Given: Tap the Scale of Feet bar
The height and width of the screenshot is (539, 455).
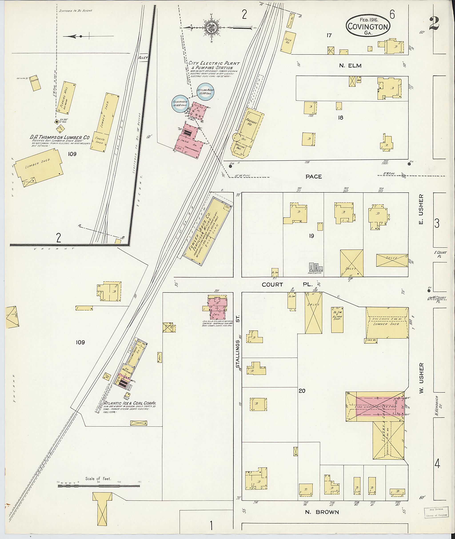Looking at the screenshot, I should [99, 486].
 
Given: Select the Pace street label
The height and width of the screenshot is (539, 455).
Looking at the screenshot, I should [314, 176].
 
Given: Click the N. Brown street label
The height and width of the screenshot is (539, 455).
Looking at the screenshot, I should [322, 512].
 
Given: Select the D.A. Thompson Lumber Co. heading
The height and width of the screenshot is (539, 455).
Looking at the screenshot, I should [59, 138].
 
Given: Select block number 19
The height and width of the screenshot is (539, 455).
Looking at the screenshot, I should [311, 236].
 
